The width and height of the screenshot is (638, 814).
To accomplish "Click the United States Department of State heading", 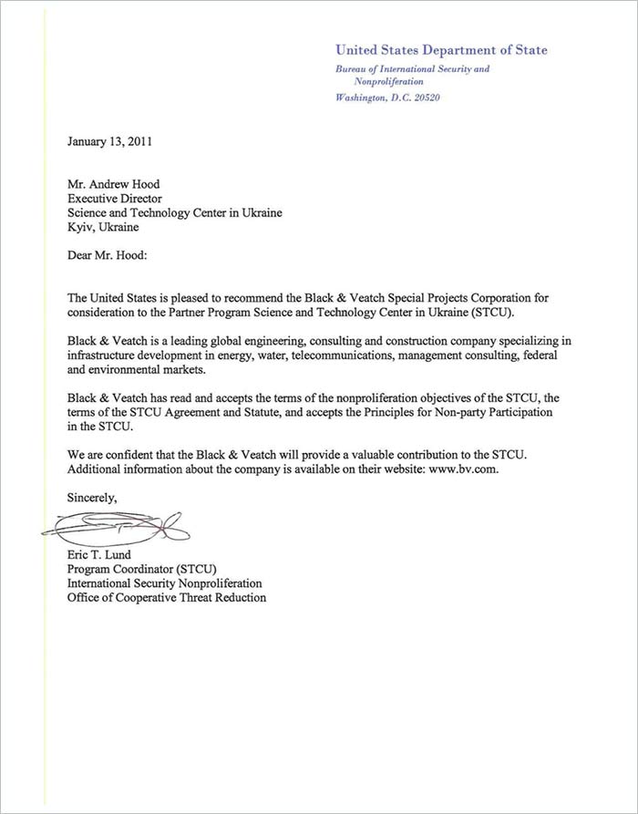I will (x=441, y=50).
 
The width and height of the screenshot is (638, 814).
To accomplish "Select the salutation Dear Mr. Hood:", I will (x=107, y=256).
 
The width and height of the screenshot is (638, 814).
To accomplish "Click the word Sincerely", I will (x=92, y=498).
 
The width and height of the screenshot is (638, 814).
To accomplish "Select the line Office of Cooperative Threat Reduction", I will (x=167, y=597).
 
